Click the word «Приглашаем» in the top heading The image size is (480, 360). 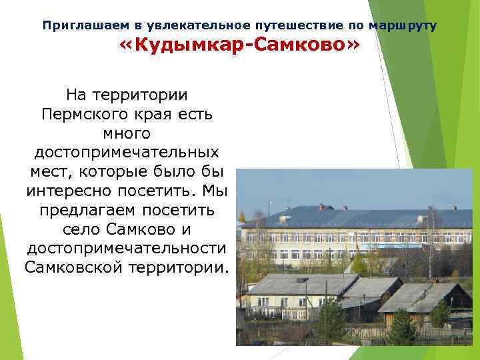85,25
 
